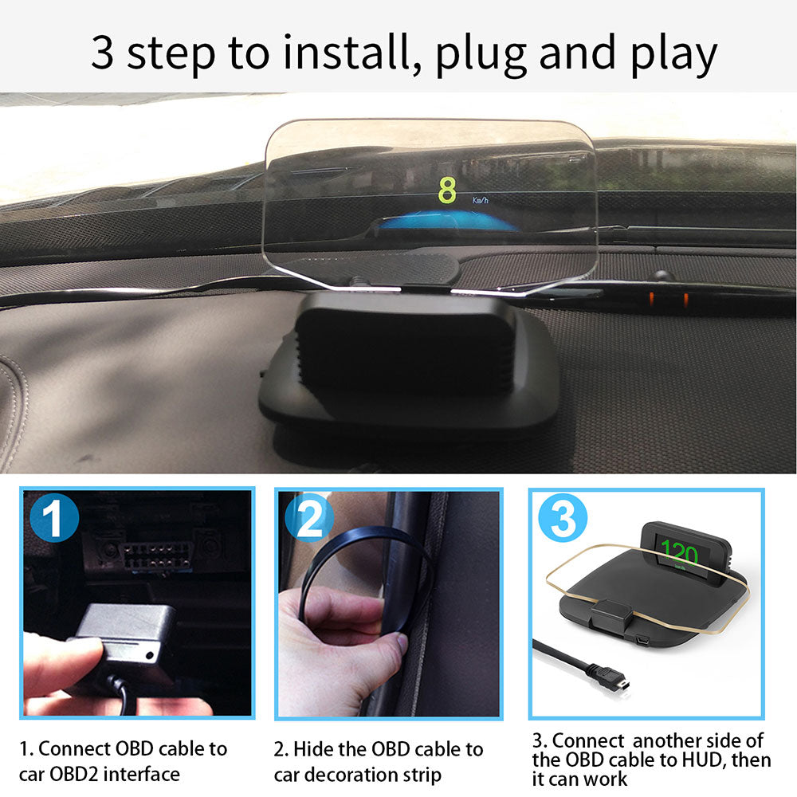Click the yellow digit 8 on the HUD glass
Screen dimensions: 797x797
(448, 191)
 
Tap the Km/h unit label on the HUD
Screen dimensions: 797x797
(481, 202)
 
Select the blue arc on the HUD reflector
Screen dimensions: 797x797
(434, 221)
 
